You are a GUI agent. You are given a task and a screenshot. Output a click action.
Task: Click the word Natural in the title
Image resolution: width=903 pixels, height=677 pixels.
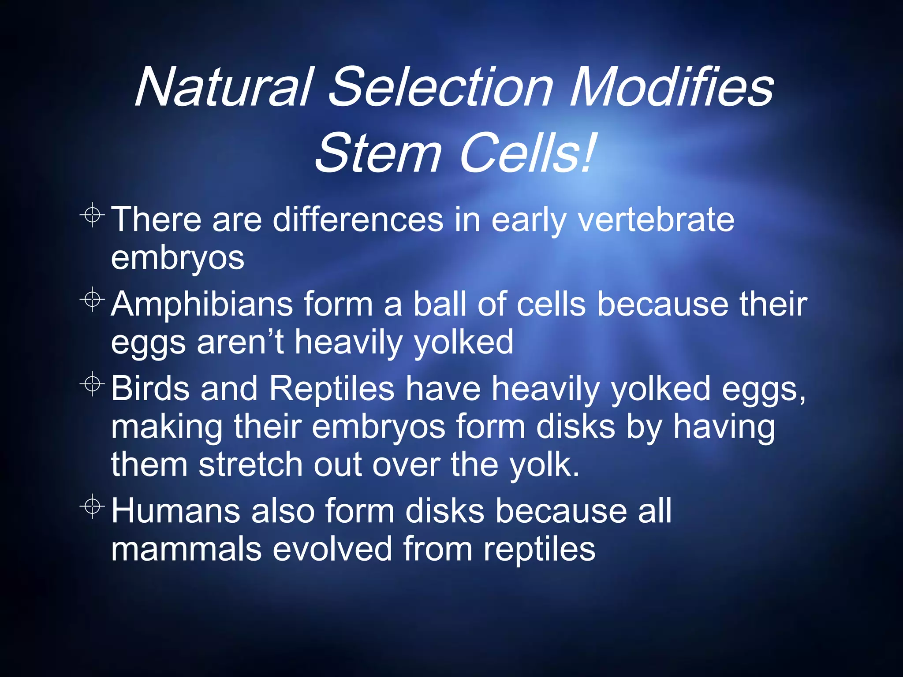(225, 87)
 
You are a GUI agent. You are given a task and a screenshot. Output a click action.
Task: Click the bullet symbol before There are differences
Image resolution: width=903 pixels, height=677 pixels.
(92, 215)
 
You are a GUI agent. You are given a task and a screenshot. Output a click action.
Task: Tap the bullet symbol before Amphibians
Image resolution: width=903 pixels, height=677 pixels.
(92, 300)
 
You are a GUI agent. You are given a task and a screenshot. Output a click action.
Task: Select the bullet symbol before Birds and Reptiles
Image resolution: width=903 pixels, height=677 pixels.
(92, 384)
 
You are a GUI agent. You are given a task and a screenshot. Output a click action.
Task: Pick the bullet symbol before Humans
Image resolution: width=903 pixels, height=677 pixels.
(92, 506)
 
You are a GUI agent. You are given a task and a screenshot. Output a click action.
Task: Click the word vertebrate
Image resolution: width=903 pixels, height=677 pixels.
(656, 220)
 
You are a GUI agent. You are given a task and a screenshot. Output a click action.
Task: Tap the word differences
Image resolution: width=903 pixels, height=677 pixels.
(358, 220)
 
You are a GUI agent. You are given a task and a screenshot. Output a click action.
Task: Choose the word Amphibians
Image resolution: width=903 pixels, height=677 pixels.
(201, 305)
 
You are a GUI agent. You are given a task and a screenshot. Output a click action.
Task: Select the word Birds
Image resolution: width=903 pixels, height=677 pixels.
(150, 389)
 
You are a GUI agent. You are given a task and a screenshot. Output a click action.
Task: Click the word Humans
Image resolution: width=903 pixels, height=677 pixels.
(175, 511)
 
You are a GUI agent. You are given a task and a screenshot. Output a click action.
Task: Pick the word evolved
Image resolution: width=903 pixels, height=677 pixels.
(332, 550)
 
